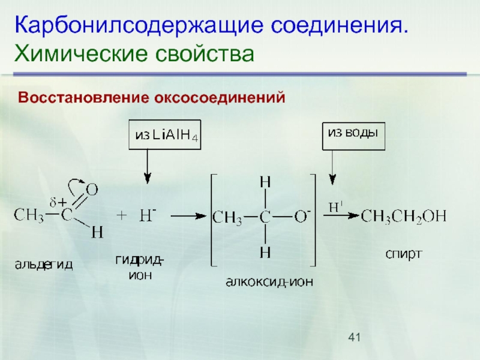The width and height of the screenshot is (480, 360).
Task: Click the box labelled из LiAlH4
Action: tap(167, 136)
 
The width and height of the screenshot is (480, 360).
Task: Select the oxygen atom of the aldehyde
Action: tap(91, 190)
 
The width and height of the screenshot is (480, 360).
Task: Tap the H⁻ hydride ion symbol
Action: tap(147, 215)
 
